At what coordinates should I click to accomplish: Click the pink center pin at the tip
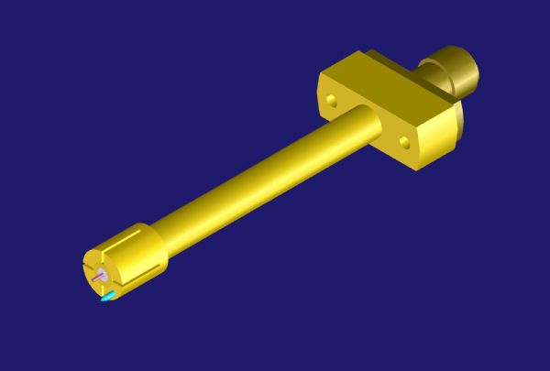tap(96, 274)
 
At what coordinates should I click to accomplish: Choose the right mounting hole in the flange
tap(404, 141)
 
